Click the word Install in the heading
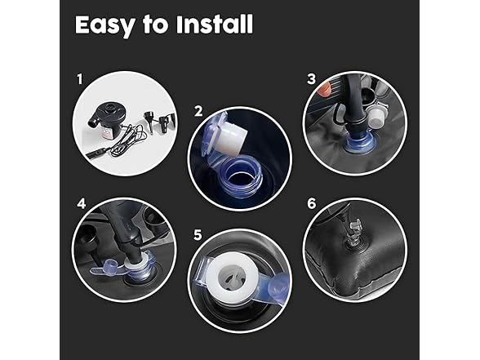coord(215,24)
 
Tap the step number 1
coord(80,79)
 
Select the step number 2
coord(198,111)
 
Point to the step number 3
coord(311,79)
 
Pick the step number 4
coord(82,203)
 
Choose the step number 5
coord(198,235)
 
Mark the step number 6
coord(311,203)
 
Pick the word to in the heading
coord(155,25)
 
